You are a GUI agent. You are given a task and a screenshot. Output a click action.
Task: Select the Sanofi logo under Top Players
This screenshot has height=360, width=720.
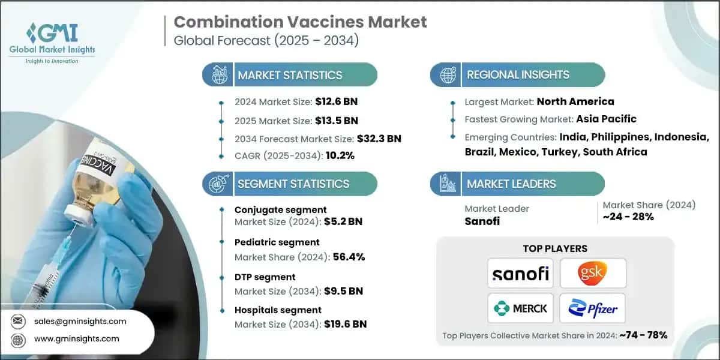coord(520,274)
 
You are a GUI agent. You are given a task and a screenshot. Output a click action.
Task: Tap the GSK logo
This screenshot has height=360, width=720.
coord(593,274)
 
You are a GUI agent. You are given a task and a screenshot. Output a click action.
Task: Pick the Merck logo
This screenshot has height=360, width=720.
coord(520,308)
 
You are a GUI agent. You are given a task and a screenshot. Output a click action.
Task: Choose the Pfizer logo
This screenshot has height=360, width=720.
coord(593,308)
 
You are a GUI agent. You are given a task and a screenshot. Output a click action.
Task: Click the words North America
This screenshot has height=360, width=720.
coord(575,101)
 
